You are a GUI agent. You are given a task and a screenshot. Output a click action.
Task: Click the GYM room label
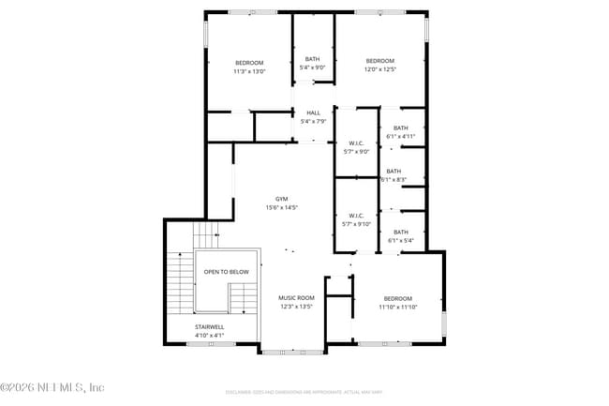tap(281, 199)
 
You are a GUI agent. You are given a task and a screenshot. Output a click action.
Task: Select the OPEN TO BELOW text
tap(227, 272)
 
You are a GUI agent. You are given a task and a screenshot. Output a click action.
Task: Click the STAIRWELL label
tap(209, 327)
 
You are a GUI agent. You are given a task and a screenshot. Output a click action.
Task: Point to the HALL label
tap(313, 113)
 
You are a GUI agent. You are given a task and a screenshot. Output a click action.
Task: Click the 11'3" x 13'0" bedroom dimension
tap(249, 70)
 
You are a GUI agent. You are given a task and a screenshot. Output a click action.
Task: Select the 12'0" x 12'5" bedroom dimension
tap(380, 68)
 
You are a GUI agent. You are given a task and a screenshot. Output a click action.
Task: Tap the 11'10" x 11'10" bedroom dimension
tap(397, 307)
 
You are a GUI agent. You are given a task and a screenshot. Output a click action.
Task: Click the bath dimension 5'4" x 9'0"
tap(312, 68)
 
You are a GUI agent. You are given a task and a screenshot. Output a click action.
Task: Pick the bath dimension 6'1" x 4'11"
tap(401, 137)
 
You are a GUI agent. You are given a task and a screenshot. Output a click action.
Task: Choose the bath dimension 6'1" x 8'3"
tap(394, 179)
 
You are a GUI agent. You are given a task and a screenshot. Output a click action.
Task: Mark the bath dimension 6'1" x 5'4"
tap(401, 241)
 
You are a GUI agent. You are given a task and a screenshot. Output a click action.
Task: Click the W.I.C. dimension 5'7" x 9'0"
tap(356, 152)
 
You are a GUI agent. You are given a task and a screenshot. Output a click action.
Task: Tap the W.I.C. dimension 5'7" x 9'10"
tap(356, 223)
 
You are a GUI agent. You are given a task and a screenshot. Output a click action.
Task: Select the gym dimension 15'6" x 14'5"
tap(281, 207)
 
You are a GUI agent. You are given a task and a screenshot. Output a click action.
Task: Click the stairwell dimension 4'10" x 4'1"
tap(209, 335)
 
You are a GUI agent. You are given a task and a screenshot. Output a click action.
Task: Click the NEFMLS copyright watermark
tap(52, 386)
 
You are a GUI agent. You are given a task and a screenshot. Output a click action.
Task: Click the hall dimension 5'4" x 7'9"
tap(313, 121)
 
